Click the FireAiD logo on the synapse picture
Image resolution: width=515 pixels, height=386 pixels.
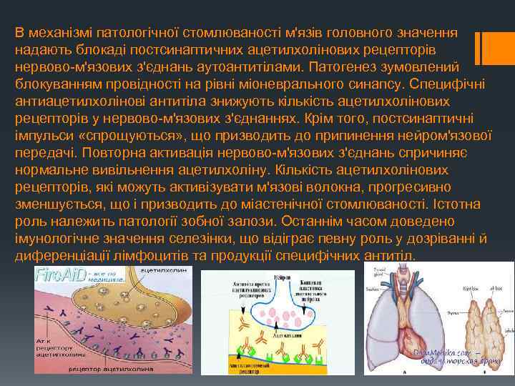(58, 274)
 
